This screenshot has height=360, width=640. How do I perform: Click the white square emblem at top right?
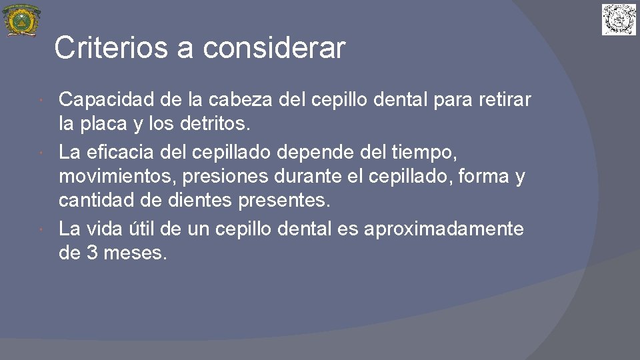pyautogui.click(x=619, y=19)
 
